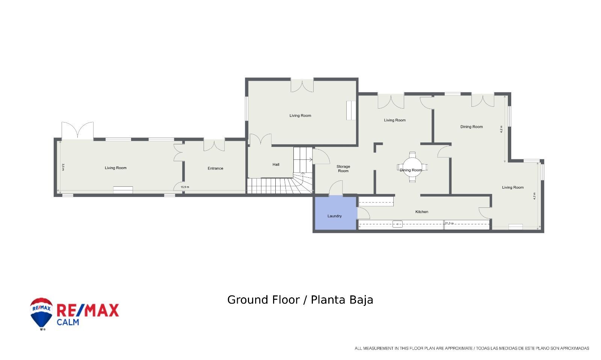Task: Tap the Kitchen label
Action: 421,212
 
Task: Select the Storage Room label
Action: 343,169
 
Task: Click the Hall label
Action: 276,165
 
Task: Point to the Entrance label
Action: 215,168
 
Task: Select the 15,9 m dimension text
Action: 185,187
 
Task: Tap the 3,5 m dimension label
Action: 63,167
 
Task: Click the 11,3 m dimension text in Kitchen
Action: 449,223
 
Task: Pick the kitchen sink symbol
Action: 397,224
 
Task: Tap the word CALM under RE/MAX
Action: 68,322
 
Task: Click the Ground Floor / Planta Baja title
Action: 300,300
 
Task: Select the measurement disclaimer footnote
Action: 472,348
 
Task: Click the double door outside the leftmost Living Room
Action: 77,130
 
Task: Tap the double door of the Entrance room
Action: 214,145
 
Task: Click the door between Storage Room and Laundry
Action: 336,189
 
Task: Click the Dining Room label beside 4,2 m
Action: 471,127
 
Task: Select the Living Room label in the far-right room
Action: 513,188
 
